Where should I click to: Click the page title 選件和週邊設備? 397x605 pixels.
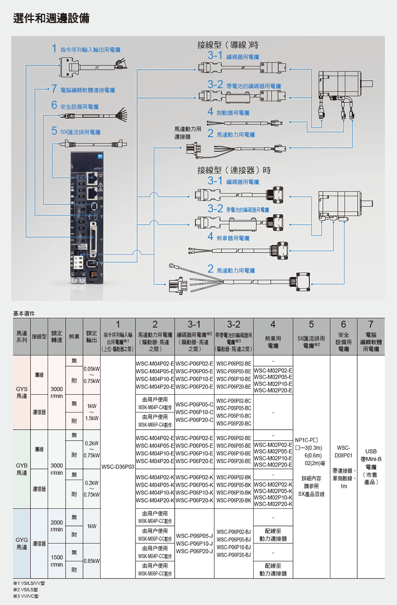(51, 18)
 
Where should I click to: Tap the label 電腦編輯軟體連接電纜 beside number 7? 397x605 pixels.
(87, 90)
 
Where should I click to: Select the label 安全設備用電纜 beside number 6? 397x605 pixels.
(79, 107)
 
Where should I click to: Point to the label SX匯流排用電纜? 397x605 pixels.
(80, 132)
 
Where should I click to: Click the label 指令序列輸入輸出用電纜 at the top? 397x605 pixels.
(90, 50)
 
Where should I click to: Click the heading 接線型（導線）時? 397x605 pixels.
(228, 45)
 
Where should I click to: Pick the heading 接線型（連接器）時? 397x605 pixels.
(234, 170)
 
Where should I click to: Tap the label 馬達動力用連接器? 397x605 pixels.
(187, 133)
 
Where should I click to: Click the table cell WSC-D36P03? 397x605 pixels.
(118, 467)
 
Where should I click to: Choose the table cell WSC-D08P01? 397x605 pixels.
(343, 451)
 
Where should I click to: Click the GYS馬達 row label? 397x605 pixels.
(22, 392)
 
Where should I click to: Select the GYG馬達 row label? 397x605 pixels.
(22, 543)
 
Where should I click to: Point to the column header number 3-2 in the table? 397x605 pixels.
(234, 324)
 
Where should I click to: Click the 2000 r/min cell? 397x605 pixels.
(56, 526)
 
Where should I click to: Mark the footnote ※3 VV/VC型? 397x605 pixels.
(26, 596)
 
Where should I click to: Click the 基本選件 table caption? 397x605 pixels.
(24, 314)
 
